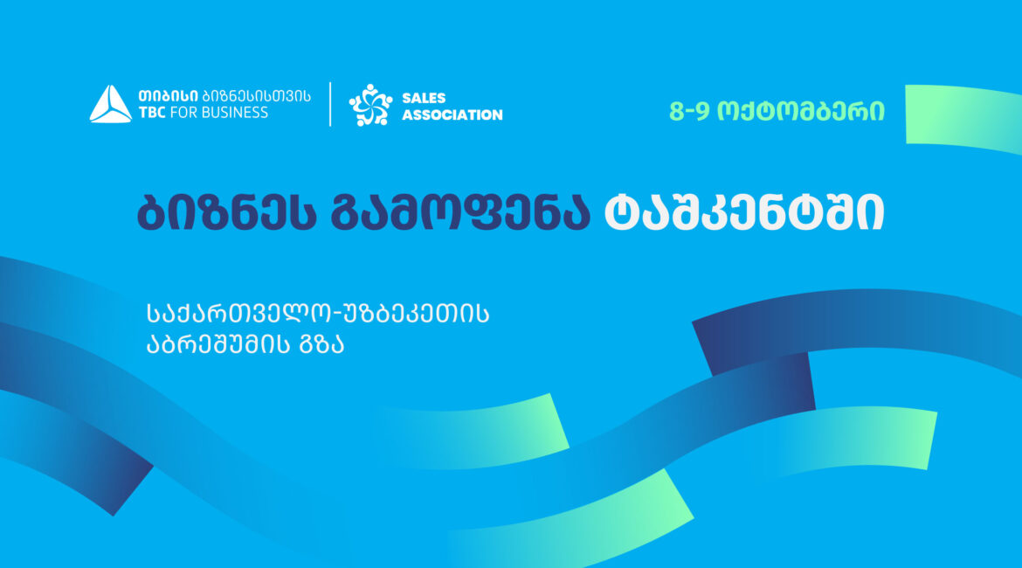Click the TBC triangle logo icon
110,104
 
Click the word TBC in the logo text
152,113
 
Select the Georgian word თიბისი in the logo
169,96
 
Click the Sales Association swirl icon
371,105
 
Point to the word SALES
424,98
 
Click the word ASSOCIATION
452,114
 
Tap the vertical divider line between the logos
330,104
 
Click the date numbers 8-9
689,112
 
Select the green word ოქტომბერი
801,112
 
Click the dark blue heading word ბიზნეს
227,212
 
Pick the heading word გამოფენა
460,212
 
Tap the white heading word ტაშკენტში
744,212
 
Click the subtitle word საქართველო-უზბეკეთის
318,314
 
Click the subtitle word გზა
321,344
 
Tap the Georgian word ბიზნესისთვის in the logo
256,96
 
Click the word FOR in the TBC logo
183,113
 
